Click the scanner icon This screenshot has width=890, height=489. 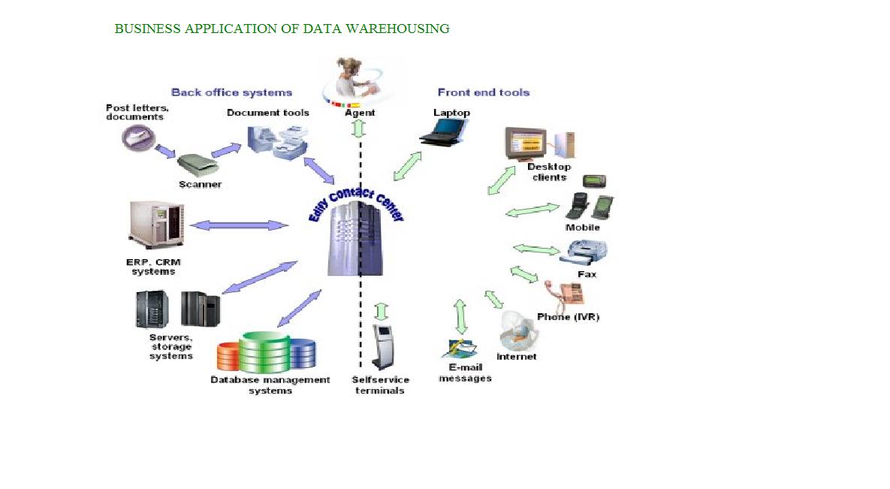pos(198,162)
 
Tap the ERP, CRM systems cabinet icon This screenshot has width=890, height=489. pos(156,224)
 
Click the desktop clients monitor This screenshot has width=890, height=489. pos(525,143)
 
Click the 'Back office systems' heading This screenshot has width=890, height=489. pos(231,92)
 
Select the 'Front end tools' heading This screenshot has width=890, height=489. pos(484,92)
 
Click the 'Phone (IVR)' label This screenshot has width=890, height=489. pos(568,316)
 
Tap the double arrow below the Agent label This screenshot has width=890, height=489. pos(358,128)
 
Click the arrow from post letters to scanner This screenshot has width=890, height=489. pos(164,150)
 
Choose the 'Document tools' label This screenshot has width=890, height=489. pos(268,113)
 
